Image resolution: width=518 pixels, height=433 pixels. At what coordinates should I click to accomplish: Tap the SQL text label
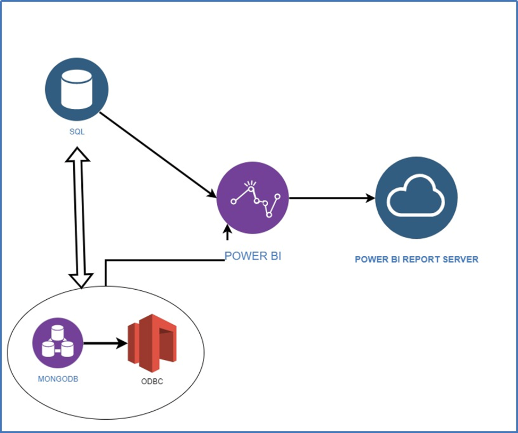pyautogui.click(x=77, y=132)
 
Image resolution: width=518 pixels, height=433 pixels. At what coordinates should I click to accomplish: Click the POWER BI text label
pyautogui.click(x=252, y=256)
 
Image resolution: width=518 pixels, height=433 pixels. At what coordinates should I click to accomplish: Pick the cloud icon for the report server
pyautogui.click(x=415, y=198)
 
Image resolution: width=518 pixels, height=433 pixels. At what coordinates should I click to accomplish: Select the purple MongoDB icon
pyautogui.click(x=58, y=343)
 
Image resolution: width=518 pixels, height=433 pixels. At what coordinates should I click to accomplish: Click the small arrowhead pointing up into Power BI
pyautogui.click(x=227, y=231)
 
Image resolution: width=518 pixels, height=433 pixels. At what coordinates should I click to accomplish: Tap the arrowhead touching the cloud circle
pyautogui.click(x=370, y=198)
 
